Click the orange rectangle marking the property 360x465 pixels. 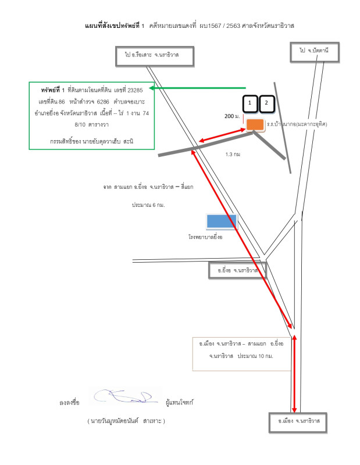click(254, 124)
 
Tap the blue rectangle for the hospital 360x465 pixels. click(222, 221)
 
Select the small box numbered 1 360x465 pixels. click(250, 103)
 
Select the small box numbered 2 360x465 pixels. click(266, 103)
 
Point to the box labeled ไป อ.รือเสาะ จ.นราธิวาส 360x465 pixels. click(154, 55)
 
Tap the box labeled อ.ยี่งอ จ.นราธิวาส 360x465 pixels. click(233, 270)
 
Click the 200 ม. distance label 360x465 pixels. click(232, 116)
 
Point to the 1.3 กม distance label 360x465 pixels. click(233, 155)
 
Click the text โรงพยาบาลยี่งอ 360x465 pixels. click(206, 237)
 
